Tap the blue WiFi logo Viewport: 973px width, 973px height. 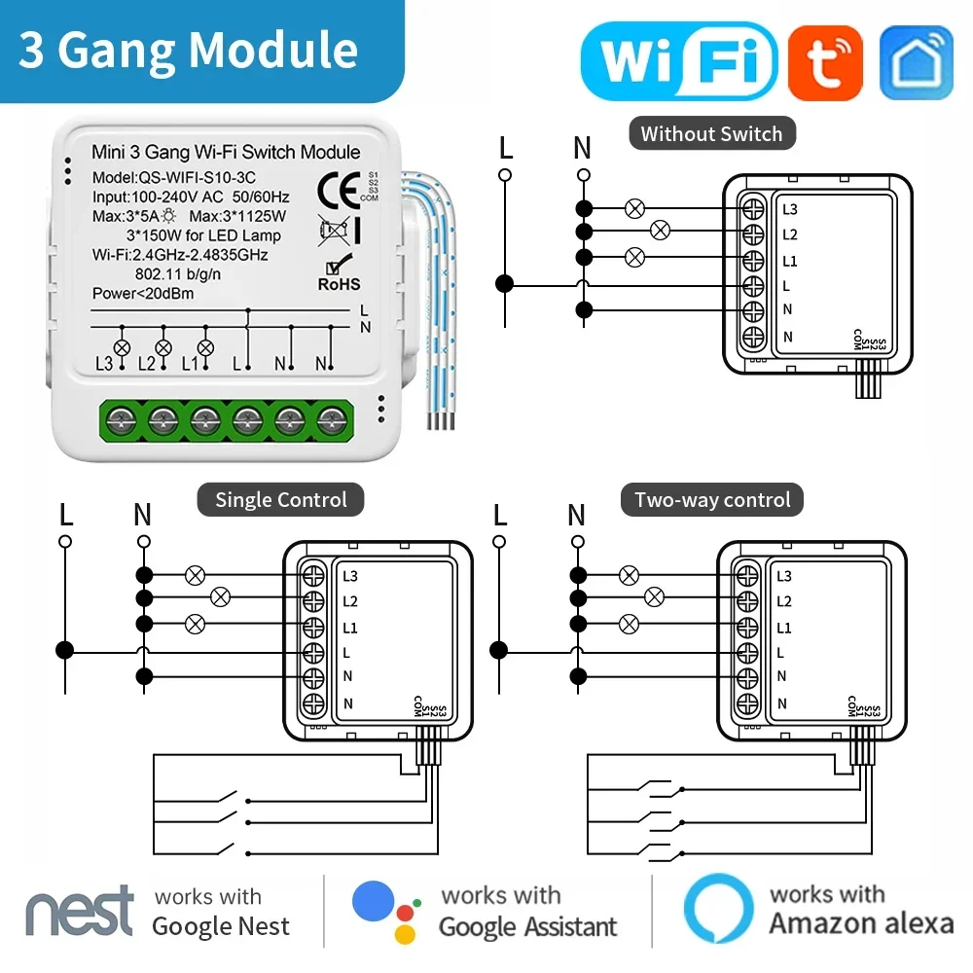pos(678,60)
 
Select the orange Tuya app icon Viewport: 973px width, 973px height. pos(825,61)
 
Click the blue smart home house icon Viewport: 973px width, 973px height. pos(916,61)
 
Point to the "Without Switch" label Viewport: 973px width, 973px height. pos(711,134)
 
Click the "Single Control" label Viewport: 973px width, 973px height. pos(280,500)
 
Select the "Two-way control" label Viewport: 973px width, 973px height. pos(712,500)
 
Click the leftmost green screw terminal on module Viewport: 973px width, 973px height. pos(121,420)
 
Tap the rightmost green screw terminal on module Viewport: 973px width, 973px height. pos(333,420)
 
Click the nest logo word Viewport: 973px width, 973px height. pos(80,911)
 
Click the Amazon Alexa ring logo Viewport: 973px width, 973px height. pos(718,910)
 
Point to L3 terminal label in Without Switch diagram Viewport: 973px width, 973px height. pos(789,209)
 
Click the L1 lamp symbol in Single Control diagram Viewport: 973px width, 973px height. pos(195,623)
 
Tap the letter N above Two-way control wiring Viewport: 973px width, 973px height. pos(577,515)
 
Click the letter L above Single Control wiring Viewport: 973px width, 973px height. pos(65,515)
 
